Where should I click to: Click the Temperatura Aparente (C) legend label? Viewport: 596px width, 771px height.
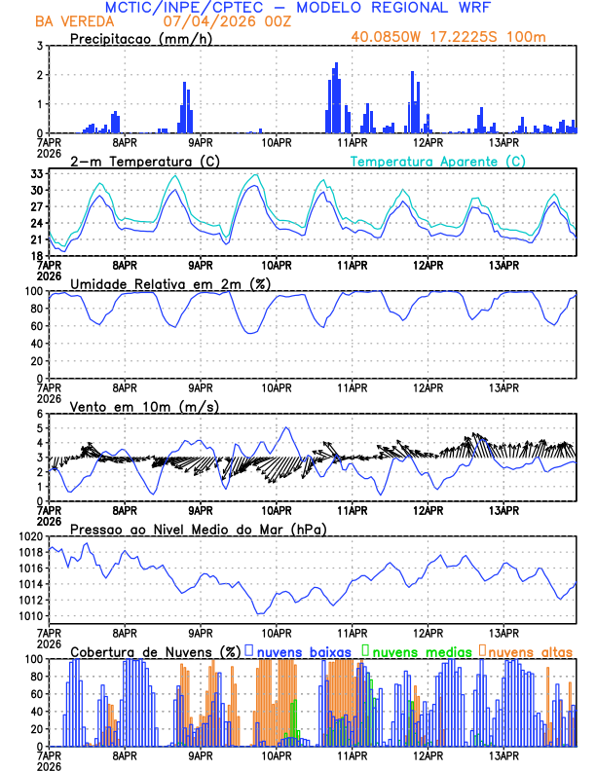[438, 161]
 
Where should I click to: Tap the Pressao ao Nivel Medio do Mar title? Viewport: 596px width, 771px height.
[198, 529]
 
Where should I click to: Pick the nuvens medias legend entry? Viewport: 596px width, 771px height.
[414, 650]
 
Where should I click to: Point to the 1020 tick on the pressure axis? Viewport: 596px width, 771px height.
[29, 536]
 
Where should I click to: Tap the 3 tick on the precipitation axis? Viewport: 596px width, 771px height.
[39, 46]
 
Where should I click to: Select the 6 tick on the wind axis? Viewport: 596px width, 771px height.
[39, 414]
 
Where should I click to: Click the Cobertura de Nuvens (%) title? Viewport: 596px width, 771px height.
[156, 650]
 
